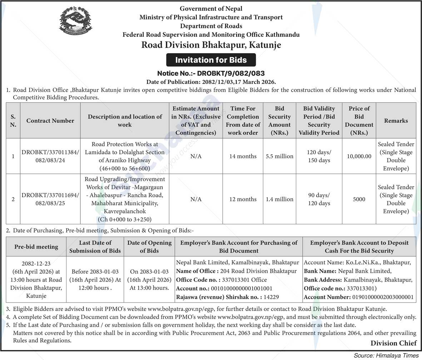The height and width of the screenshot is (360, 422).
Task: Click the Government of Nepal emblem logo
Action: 75,21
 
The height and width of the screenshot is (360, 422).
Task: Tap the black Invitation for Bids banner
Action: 211,60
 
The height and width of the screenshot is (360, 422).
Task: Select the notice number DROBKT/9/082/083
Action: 211,74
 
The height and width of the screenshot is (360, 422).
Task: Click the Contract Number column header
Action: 50,121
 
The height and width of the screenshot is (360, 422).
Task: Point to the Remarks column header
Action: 396,121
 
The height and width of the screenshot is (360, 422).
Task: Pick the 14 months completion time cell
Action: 243,156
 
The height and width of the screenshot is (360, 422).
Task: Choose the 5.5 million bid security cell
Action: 279,156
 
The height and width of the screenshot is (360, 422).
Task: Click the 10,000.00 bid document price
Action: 359,156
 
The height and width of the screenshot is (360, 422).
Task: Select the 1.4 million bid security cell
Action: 279,199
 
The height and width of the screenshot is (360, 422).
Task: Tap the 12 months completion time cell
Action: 243,199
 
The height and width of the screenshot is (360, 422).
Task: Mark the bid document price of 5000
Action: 359,199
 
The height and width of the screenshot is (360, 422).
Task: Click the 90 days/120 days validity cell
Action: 319,199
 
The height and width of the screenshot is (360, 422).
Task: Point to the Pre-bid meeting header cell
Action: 36,247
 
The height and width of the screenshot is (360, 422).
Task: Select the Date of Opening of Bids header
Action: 149,247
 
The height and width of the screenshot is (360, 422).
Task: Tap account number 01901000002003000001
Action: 382,297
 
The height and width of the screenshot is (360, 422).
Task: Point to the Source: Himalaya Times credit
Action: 386,356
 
